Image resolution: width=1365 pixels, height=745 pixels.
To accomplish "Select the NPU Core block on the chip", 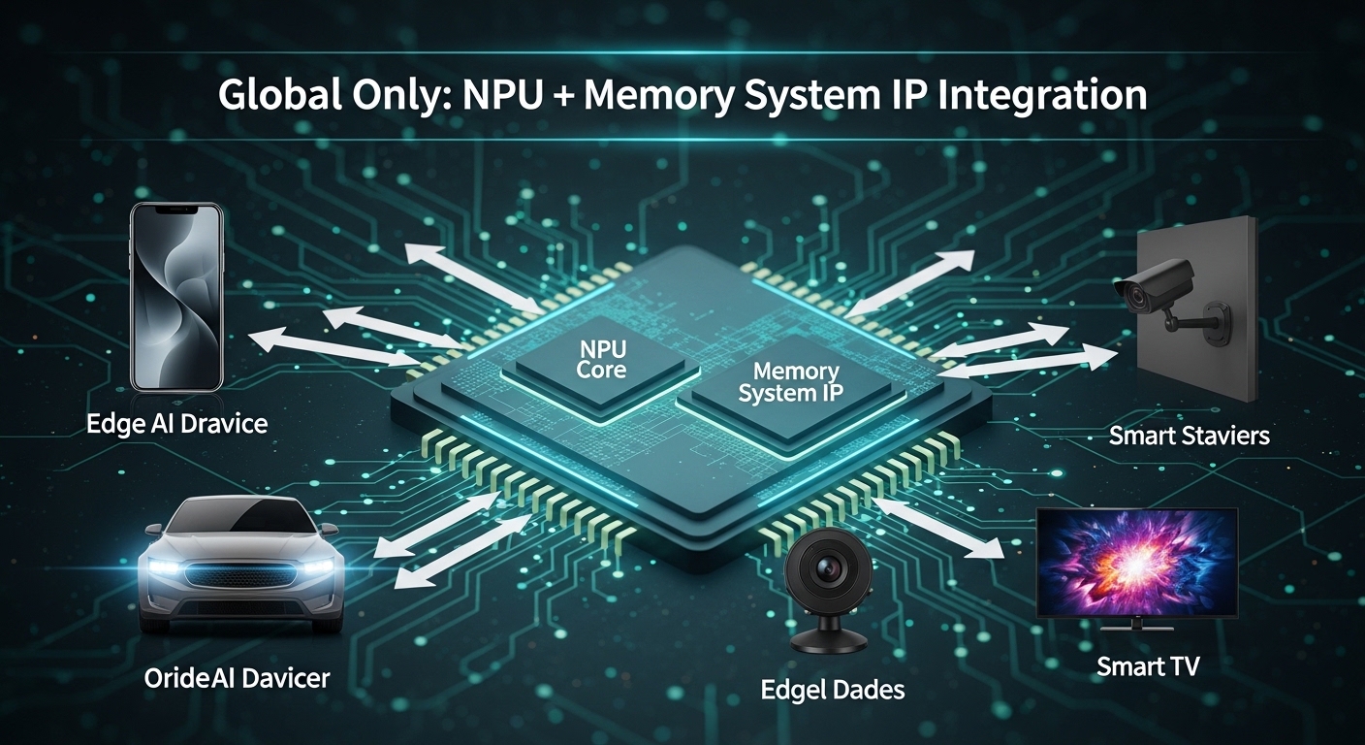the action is click(601, 358).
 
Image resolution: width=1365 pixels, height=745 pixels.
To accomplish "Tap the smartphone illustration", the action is click(176, 296).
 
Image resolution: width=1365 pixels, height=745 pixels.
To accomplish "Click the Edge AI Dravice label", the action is click(176, 424).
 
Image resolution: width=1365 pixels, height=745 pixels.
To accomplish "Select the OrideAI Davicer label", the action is click(237, 677).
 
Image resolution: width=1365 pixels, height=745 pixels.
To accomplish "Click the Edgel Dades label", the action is click(833, 690).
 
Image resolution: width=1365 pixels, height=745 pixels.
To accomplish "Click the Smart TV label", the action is click(1148, 666).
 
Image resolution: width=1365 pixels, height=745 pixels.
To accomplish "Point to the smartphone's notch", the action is click(177, 209).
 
